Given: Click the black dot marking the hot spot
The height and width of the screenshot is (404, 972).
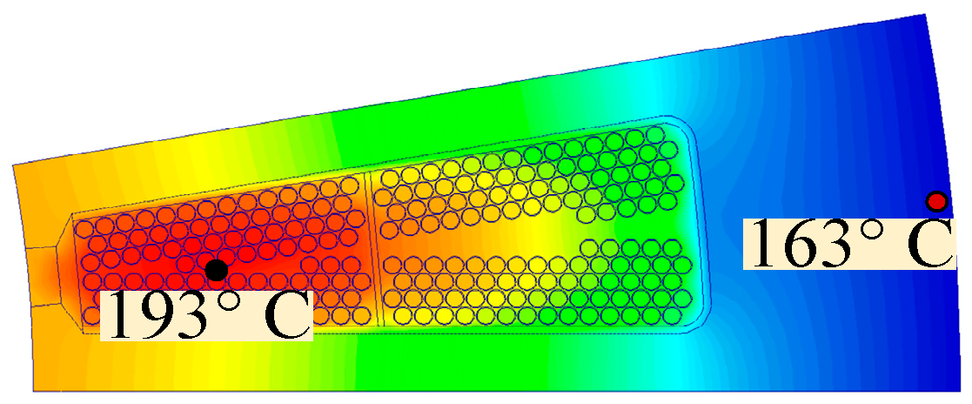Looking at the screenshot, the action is (216, 270).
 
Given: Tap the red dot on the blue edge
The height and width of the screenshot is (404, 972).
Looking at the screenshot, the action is (936, 202).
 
